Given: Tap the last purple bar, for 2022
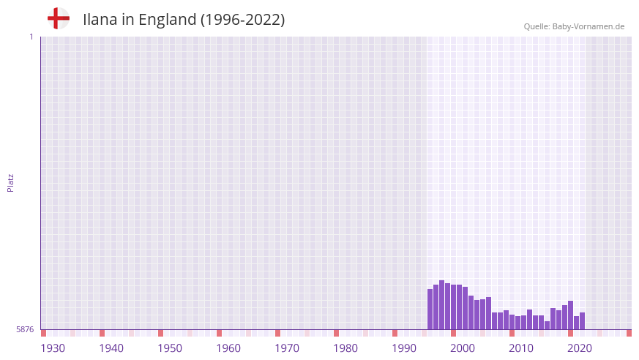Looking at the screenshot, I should [583, 321].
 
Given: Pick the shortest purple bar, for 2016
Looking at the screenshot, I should [548, 326].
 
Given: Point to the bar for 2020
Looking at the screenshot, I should [571, 315].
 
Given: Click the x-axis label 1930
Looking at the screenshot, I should [53, 348].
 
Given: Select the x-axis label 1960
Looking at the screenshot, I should [228, 348].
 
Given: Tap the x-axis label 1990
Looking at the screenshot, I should [404, 348].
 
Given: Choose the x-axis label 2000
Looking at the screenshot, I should [463, 348].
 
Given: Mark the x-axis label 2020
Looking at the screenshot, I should [580, 348].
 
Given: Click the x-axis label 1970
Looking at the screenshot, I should [287, 348].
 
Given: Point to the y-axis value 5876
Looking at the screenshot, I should [25, 330].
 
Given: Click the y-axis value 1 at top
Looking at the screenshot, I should [31, 37].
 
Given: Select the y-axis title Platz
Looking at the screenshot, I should [11, 182].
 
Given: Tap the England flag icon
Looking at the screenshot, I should [59, 18].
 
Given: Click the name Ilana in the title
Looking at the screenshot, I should [100, 20].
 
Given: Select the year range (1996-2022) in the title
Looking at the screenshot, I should [242, 20].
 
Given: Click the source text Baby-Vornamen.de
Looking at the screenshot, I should [588, 26].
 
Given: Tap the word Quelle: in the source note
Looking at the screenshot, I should [537, 26].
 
